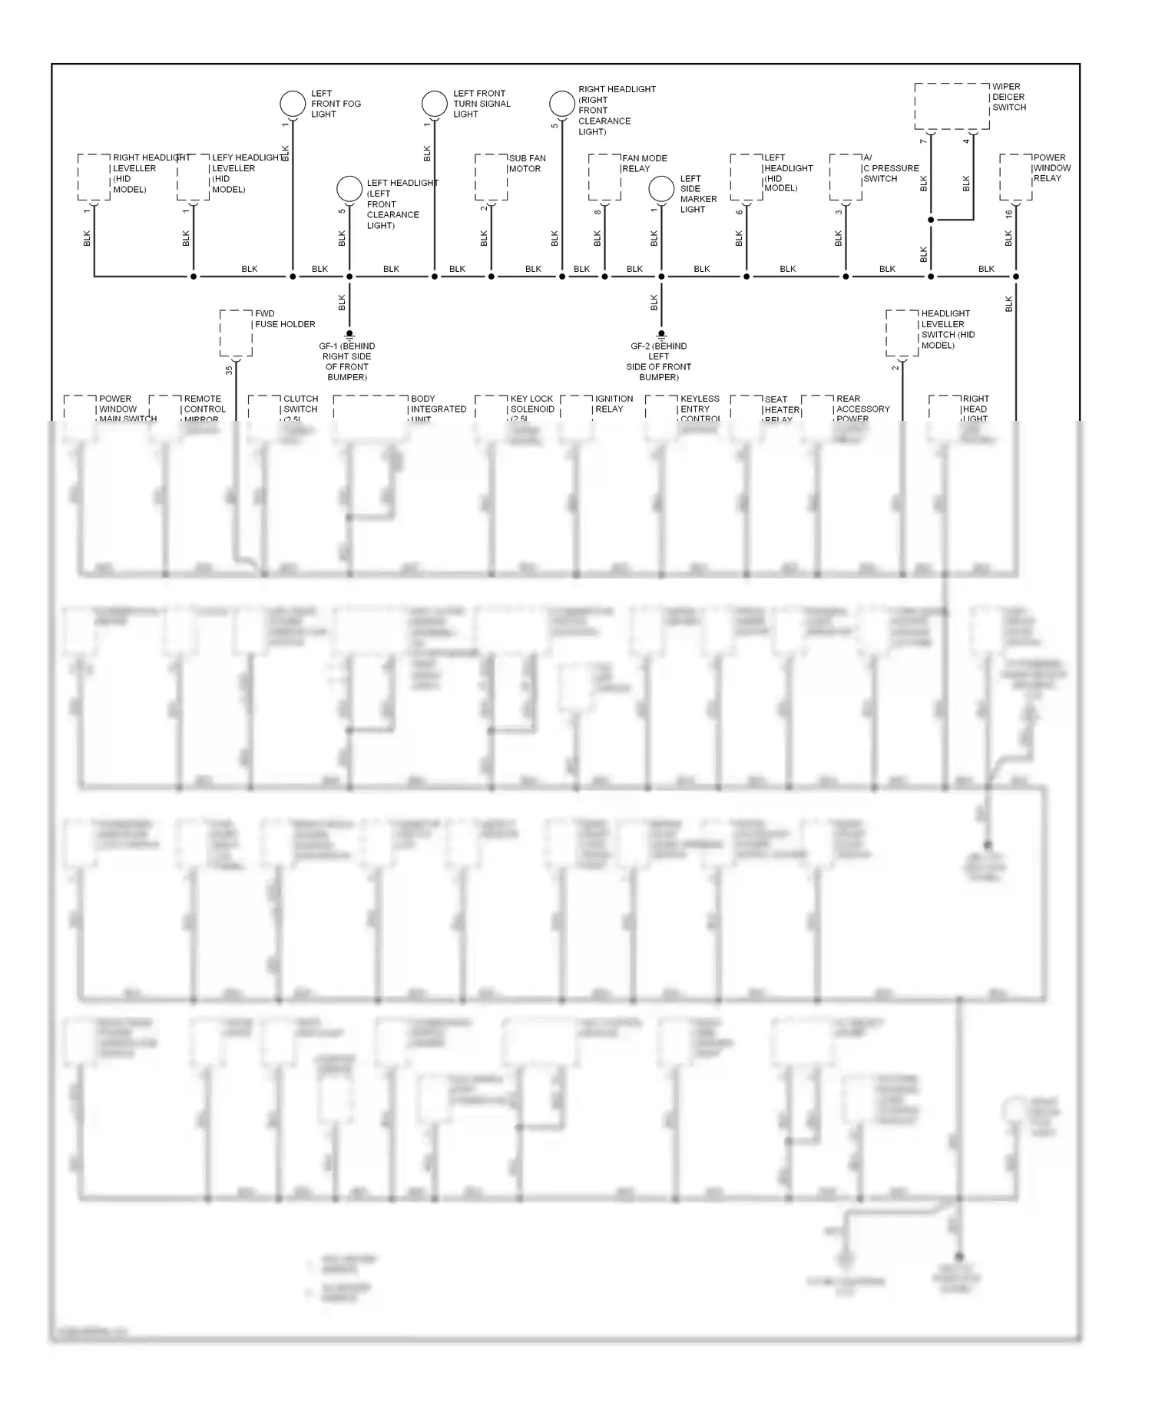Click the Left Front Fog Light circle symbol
[293, 104]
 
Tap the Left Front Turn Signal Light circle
[435, 104]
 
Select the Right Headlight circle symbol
[562, 104]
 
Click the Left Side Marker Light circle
[661, 189]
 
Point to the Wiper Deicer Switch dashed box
[952, 107]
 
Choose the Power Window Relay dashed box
[1015, 177]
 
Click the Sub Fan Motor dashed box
[491, 177]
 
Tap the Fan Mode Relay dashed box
[604, 177]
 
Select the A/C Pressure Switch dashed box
[846, 177]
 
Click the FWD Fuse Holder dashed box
[236, 333]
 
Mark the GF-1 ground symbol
[349, 336]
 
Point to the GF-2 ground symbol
[661, 336]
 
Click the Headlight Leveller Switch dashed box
[902, 333]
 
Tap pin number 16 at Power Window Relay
[1009, 214]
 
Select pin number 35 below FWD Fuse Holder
[229, 369]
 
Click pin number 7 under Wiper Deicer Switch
[924, 141]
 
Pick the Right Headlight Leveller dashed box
[94, 177]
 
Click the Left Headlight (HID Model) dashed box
[746, 177]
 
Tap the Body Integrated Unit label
[438, 409]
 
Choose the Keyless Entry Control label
[700, 409]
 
